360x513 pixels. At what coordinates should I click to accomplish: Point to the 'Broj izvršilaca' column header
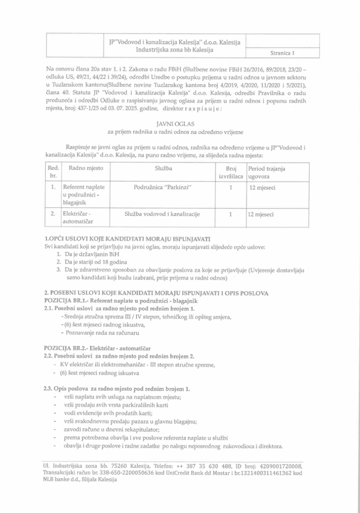pos(230,173)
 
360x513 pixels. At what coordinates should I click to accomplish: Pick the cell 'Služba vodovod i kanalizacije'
pos(163,214)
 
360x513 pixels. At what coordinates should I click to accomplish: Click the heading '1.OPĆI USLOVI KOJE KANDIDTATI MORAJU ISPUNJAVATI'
pos(127,239)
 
